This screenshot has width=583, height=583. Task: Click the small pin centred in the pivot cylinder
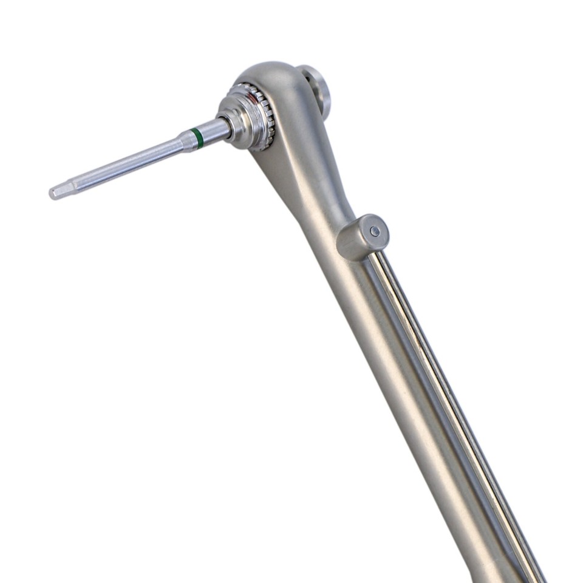[x=375, y=231]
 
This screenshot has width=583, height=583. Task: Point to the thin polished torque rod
[x=449, y=389]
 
